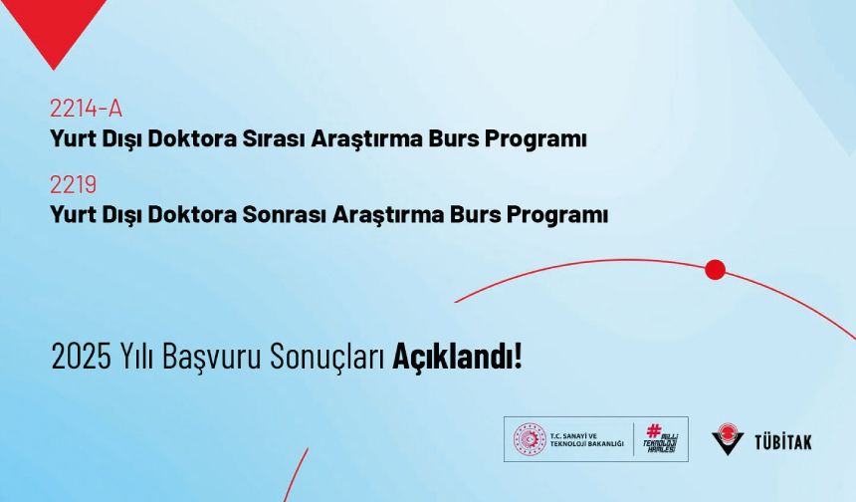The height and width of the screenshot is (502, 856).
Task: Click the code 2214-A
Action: (x=86, y=109)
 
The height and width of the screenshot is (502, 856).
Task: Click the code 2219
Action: (x=73, y=184)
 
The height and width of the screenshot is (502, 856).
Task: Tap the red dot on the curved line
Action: (x=715, y=269)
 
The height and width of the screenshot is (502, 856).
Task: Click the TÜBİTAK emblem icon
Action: (x=728, y=439)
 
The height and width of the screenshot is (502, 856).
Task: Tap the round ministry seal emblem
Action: (x=530, y=439)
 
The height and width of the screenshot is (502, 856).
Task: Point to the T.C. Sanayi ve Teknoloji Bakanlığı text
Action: (x=586, y=439)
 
